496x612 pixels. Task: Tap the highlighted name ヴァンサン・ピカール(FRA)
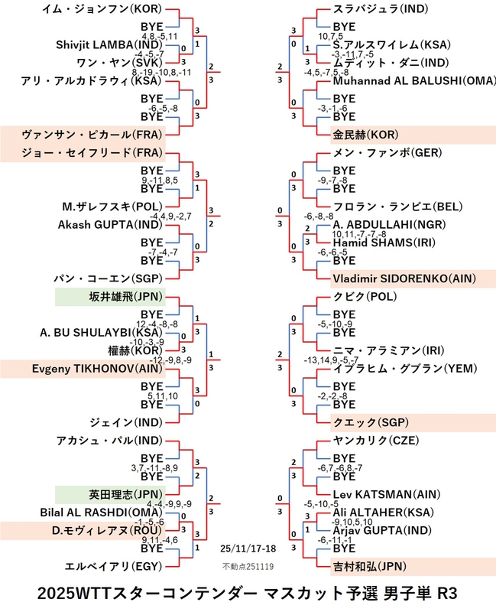(88, 133)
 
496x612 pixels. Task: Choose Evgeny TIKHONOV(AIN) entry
(87, 368)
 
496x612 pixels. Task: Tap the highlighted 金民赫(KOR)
(359, 134)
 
